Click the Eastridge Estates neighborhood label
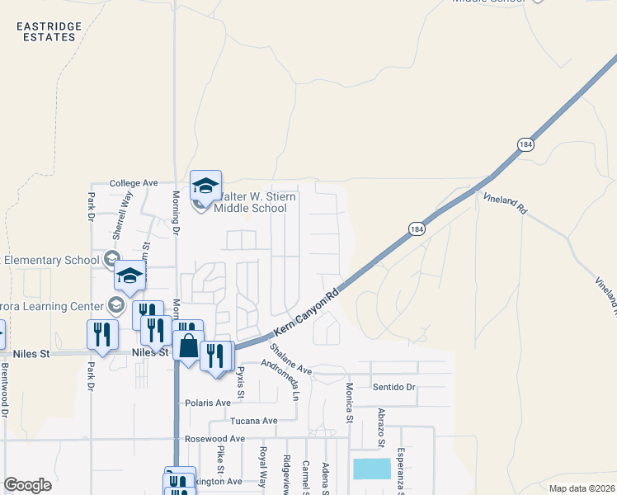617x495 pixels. tap(49, 31)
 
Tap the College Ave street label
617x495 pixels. tap(133, 183)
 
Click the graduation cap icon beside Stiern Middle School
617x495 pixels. tap(205, 185)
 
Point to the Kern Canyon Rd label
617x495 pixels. tap(306, 317)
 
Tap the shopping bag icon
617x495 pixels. tap(189, 347)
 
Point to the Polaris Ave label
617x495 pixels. tap(207, 403)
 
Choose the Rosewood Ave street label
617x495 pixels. tap(215, 439)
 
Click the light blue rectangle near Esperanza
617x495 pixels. tap(372, 469)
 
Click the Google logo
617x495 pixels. tap(27, 485)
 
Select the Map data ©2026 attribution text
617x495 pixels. tap(582, 488)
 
